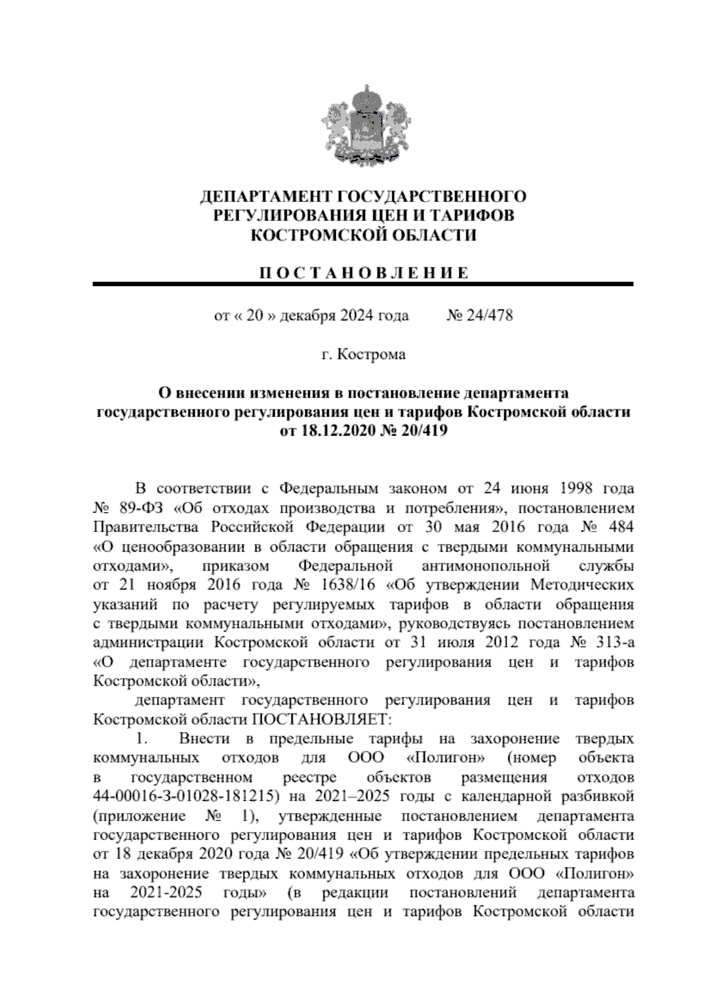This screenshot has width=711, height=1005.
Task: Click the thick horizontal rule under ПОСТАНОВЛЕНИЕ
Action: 363,285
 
